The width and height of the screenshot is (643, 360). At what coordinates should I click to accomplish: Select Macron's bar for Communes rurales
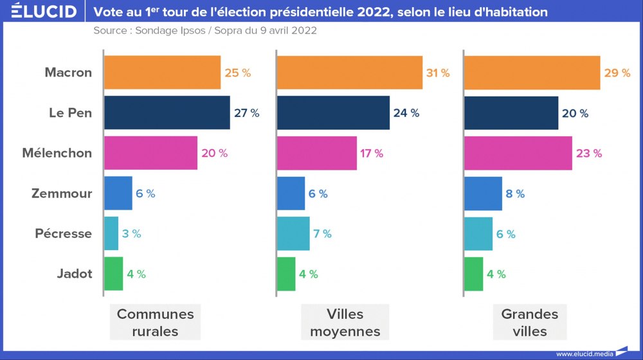(162, 73)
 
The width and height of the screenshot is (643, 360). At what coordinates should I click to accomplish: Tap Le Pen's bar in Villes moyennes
(333, 113)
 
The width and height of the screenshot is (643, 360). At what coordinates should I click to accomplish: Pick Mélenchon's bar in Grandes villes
(518, 153)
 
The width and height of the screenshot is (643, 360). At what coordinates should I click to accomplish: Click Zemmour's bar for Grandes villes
(483, 194)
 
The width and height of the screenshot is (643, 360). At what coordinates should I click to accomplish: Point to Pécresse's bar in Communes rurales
(111, 233)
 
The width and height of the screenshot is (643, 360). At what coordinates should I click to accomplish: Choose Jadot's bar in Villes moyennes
(286, 274)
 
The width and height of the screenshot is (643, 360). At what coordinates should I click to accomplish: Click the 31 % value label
(437, 73)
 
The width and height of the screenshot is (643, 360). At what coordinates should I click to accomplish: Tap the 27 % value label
(247, 113)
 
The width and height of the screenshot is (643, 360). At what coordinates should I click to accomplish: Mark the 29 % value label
(617, 73)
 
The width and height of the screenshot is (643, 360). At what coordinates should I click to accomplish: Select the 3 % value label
(131, 234)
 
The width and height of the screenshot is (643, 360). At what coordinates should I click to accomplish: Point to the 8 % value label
(515, 194)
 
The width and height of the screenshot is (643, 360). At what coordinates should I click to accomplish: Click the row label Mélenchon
(57, 153)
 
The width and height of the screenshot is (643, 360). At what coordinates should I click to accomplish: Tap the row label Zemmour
(62, 194)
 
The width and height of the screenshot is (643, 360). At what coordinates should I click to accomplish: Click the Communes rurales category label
(155, 323)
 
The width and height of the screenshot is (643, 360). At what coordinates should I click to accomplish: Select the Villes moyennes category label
(345, 323)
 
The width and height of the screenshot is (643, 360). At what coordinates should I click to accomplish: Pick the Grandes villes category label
(530, 323)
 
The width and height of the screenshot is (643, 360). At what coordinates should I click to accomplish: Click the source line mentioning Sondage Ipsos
(204, 30)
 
